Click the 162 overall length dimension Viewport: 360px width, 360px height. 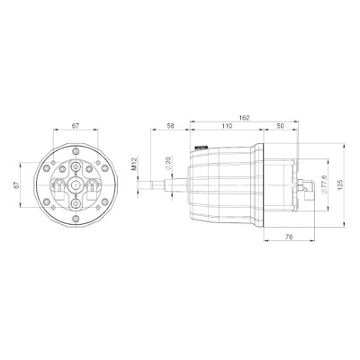coord(244,118)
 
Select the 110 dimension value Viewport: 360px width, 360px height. coord(227,126)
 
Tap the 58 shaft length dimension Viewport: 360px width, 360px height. coord(170,126)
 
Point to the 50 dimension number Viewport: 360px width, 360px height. coord(280,126)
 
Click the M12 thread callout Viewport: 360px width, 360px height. coord(134,164)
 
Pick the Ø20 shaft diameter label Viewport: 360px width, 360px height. coord(168,162)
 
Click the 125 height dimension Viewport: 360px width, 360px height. coord(340,184)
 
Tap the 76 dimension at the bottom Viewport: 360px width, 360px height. coord(289,237)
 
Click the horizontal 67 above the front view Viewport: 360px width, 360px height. coord(76,126)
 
